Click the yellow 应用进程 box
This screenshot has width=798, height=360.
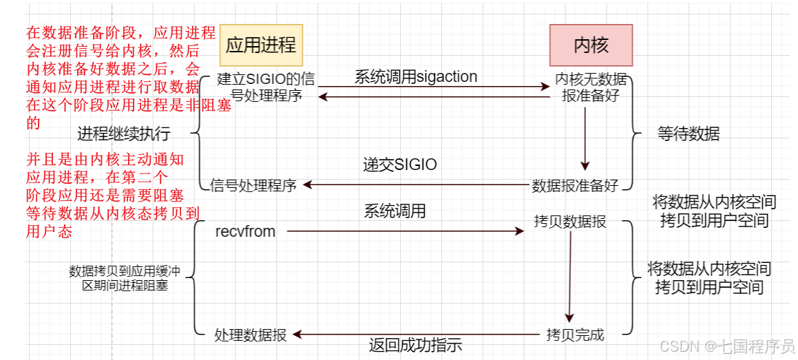pyautogui.click(x=261, y=45)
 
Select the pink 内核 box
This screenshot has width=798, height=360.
pyautogui.click(x=591, y=45)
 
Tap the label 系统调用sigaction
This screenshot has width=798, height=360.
pyautogui.click(x=416, y=76)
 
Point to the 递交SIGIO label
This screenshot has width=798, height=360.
pyautogui.click(x=400, y=165)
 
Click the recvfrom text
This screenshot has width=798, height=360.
pyautogui.click(x=245, y=232)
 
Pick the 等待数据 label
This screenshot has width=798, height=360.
pyautogui.click(x=689, y=134)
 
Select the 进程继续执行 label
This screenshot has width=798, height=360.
pyautogui.click(x=124, y=133)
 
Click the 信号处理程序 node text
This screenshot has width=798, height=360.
pyautogui.click(x=253, y=185)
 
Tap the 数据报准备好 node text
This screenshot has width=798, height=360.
pyautogui.click(x=576, y=185)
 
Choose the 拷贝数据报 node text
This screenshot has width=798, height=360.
pyautogui.click(x=570, y=222)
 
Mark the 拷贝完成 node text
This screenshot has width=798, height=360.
pyautogui.click(x=575, y=335)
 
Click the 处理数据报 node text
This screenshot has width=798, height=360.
pyautogui.click(x=251, y=335)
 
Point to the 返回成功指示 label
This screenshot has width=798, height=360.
pyautogui.click(x=415, y=345)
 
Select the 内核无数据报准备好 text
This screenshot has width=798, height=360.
pyautogui.click(x=591, y=87)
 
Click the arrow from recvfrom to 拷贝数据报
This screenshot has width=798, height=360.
pyautogui.click(x=406, y=232)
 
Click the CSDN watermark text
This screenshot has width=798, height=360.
pyautogui.click(x=726, y=346)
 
